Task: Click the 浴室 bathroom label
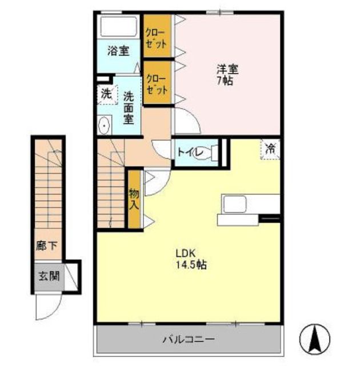[118, 51]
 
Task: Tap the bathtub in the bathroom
[119, 26]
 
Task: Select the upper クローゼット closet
[157, 35]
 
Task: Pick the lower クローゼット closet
[157, 82]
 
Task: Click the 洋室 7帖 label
[227, 74]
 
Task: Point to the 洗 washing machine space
[107, 94]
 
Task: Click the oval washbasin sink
[104, 125]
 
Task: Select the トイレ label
[189, 152]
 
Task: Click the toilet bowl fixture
[205, 153]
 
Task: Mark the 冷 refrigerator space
[270, 149]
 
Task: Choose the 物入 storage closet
[134, 199]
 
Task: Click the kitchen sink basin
[234, 204]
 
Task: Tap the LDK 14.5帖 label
[191, 258]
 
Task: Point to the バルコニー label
[189, 339]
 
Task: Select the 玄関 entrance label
[49, 276]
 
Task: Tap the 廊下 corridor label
[47, 246]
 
